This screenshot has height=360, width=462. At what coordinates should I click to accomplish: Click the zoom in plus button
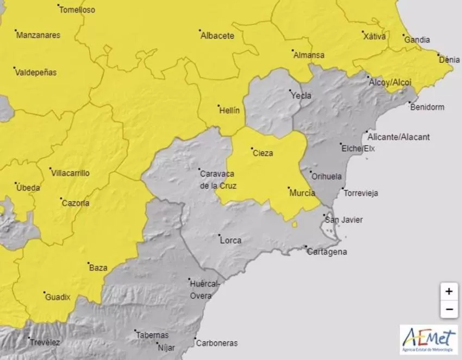pos(448,292)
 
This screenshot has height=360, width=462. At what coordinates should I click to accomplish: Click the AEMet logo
pos(428,339)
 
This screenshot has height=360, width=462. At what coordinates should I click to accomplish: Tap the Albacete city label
pos(217,36)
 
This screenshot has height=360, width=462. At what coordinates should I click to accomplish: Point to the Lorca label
pos(231,240)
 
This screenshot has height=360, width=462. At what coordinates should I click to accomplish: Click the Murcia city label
pos(303,193)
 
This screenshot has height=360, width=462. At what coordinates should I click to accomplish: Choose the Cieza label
pos(263,153)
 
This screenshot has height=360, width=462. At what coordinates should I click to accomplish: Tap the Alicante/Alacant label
pos(398,137)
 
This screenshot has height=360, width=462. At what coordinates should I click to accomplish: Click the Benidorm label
pos(427,107)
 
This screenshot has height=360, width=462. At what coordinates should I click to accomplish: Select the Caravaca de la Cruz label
pos(217,179)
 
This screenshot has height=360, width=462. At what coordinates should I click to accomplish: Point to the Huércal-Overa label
pos(204,289)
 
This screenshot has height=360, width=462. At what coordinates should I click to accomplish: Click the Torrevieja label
pos(360,193)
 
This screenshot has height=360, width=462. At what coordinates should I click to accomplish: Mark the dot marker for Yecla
pos(290,91)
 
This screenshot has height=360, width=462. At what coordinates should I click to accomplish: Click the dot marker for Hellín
pos(217,105)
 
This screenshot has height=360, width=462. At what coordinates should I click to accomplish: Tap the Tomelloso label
pos(77,10)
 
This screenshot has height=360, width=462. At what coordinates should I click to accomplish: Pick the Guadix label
pos(57,297)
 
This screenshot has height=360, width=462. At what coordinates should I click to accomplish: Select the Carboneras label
pos(216,343)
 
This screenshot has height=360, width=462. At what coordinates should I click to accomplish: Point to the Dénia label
pos(449,60)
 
